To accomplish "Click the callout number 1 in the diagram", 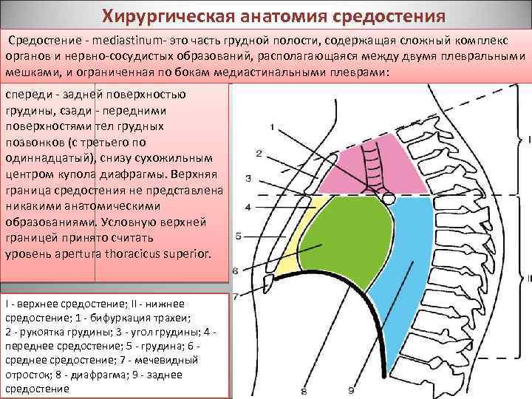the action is pyautogui.click(x=273, y=128).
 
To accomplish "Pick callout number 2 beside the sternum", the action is pyautogui.click(x=259, y=154).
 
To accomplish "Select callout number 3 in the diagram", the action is pyautogui.click(x=248, y=178).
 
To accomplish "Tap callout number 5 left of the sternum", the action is pyautogui.click(x=238, y=236).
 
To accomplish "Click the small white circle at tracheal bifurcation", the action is pyautogui.click(x=386, y=198).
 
